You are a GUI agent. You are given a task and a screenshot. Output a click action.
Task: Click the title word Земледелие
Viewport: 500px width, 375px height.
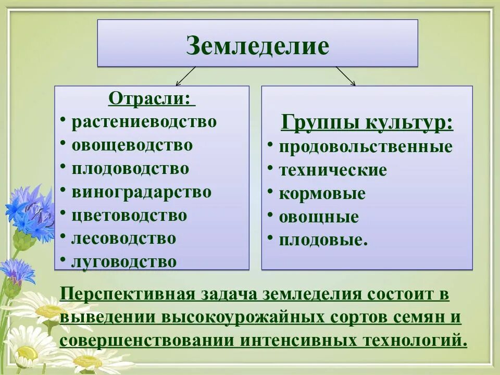click(x=257, y=45)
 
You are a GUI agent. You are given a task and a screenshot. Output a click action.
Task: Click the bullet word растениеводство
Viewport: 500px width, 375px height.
click(x=144, y=122)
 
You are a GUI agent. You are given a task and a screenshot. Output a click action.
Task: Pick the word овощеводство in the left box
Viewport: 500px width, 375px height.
click(x=132, y=145)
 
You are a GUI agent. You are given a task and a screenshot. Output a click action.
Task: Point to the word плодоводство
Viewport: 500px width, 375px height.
click(x=130, y=169)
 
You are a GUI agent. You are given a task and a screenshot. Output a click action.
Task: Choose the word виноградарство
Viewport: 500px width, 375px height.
click(x=142, y=192)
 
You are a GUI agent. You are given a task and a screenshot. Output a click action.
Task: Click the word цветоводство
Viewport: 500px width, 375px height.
click(x=129, y=215)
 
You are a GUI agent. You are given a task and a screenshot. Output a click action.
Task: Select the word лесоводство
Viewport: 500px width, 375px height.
click(x=124, y=239)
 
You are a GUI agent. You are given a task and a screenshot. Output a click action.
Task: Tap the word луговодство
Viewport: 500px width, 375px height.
click(x=124, y=261)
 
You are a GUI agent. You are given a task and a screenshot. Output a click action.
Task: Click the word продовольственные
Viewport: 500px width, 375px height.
click(x=366, y=147)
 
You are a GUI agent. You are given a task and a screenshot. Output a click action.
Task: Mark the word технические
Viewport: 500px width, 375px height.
click(x=333, y=170)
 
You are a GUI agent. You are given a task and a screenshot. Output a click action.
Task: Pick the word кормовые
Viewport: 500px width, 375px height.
click(x=322, y=194)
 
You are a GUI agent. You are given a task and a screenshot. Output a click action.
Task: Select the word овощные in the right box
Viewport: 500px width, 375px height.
click(x=319, y=217)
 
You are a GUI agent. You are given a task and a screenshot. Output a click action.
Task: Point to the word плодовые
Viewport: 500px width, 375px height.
click(x=323, y=240)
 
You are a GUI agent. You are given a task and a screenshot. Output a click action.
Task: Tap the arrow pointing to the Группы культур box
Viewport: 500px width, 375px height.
click(x=346, y=76)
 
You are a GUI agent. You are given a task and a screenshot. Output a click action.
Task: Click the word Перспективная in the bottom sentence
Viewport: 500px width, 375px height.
click(x=126, y=294)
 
